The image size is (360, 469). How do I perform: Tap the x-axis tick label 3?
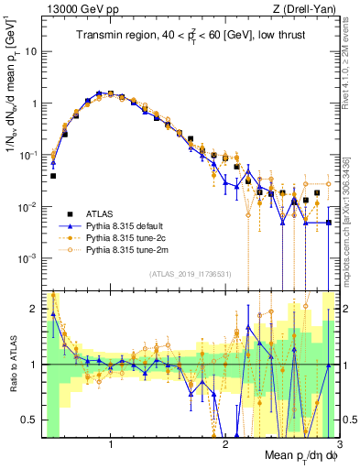tap(338, 445)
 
